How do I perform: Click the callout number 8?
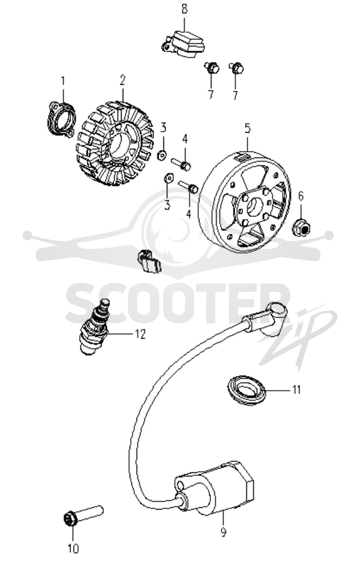184,9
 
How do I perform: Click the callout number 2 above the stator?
122,80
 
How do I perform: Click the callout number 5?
247,128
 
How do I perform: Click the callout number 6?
301,196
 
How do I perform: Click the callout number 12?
140,334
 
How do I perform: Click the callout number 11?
297,390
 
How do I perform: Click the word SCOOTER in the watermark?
178,303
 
